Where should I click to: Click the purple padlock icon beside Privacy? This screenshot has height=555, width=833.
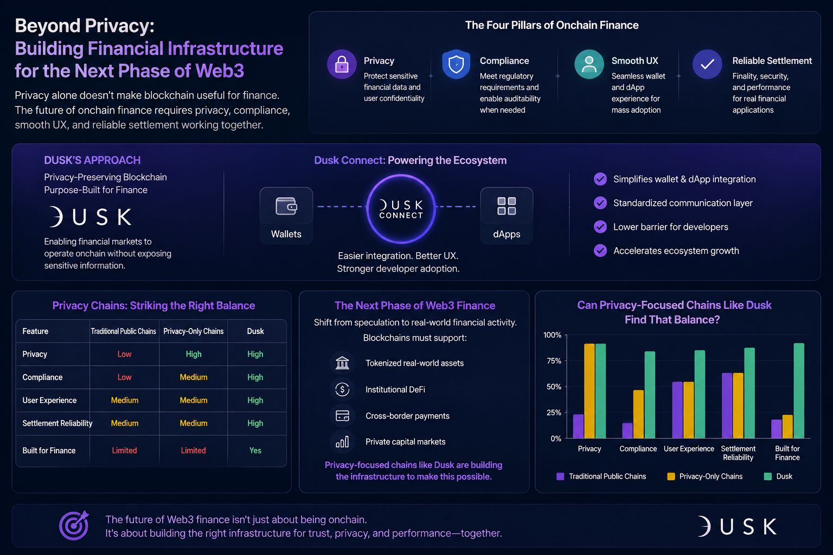(342, 64)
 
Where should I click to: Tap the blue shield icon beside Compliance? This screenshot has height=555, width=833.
(456, 64)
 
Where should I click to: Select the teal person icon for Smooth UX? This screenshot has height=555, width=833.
(589, 64)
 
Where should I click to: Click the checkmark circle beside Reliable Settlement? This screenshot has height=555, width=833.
(707, 64)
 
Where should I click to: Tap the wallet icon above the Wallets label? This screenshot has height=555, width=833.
(286, 206)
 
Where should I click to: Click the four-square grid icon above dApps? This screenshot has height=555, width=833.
(507, 206)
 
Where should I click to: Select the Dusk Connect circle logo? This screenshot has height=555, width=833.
(401, 209)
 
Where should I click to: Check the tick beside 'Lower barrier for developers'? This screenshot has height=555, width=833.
(600, 227)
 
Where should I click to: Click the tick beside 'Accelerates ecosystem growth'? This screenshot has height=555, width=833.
(600, 250)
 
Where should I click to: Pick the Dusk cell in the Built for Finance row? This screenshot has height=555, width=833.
(255, 450)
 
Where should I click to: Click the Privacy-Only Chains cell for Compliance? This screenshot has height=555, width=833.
(194, 377)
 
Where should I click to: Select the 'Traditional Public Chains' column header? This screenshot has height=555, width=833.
(124, 331)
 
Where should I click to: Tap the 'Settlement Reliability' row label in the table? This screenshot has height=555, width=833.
(57, 423)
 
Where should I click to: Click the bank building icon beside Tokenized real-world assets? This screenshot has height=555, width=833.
(342, 363)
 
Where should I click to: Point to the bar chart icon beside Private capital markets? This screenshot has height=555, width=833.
(342, 442)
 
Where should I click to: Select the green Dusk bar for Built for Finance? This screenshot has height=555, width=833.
(799, 391)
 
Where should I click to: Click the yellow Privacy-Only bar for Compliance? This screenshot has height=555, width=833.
(638, 414)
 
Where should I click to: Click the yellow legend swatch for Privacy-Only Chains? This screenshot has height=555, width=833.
(671, 476)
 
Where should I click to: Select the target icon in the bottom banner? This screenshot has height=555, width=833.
(74, 525)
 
